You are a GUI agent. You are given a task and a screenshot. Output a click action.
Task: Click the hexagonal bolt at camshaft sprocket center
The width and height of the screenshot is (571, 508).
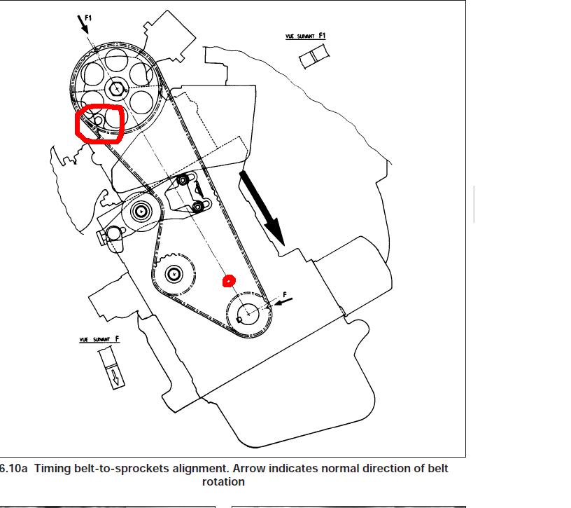[x=116, y=89]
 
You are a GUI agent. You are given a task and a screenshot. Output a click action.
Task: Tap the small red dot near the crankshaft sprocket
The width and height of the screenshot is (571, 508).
[x=228, y=281]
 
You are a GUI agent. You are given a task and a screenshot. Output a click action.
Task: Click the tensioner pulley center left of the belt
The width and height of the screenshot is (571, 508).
[x=141, y=210]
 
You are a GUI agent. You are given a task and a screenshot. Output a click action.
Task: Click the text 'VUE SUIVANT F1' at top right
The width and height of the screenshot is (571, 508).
[x=306, y=36]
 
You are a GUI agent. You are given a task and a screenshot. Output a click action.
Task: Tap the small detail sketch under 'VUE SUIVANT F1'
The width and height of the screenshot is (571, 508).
[x=314, y=56]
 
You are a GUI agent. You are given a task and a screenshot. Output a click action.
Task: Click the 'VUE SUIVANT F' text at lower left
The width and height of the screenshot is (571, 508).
[x=99, y=340]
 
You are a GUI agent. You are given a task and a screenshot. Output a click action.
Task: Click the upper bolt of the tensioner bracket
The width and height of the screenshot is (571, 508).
[x=183, y=181]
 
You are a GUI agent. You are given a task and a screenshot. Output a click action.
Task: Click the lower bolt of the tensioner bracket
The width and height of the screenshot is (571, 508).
[x=198, y=206]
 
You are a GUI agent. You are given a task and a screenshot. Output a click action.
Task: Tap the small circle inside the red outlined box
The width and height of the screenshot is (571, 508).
[x=98, y=121]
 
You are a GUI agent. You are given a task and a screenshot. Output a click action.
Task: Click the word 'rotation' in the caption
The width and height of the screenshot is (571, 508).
[x=223, y=482]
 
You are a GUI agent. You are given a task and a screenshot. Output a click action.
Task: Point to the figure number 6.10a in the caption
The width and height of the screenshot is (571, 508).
[x=14, y=468]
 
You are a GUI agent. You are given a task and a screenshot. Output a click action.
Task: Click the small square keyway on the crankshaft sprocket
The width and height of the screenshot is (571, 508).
[x=240, y=320]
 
